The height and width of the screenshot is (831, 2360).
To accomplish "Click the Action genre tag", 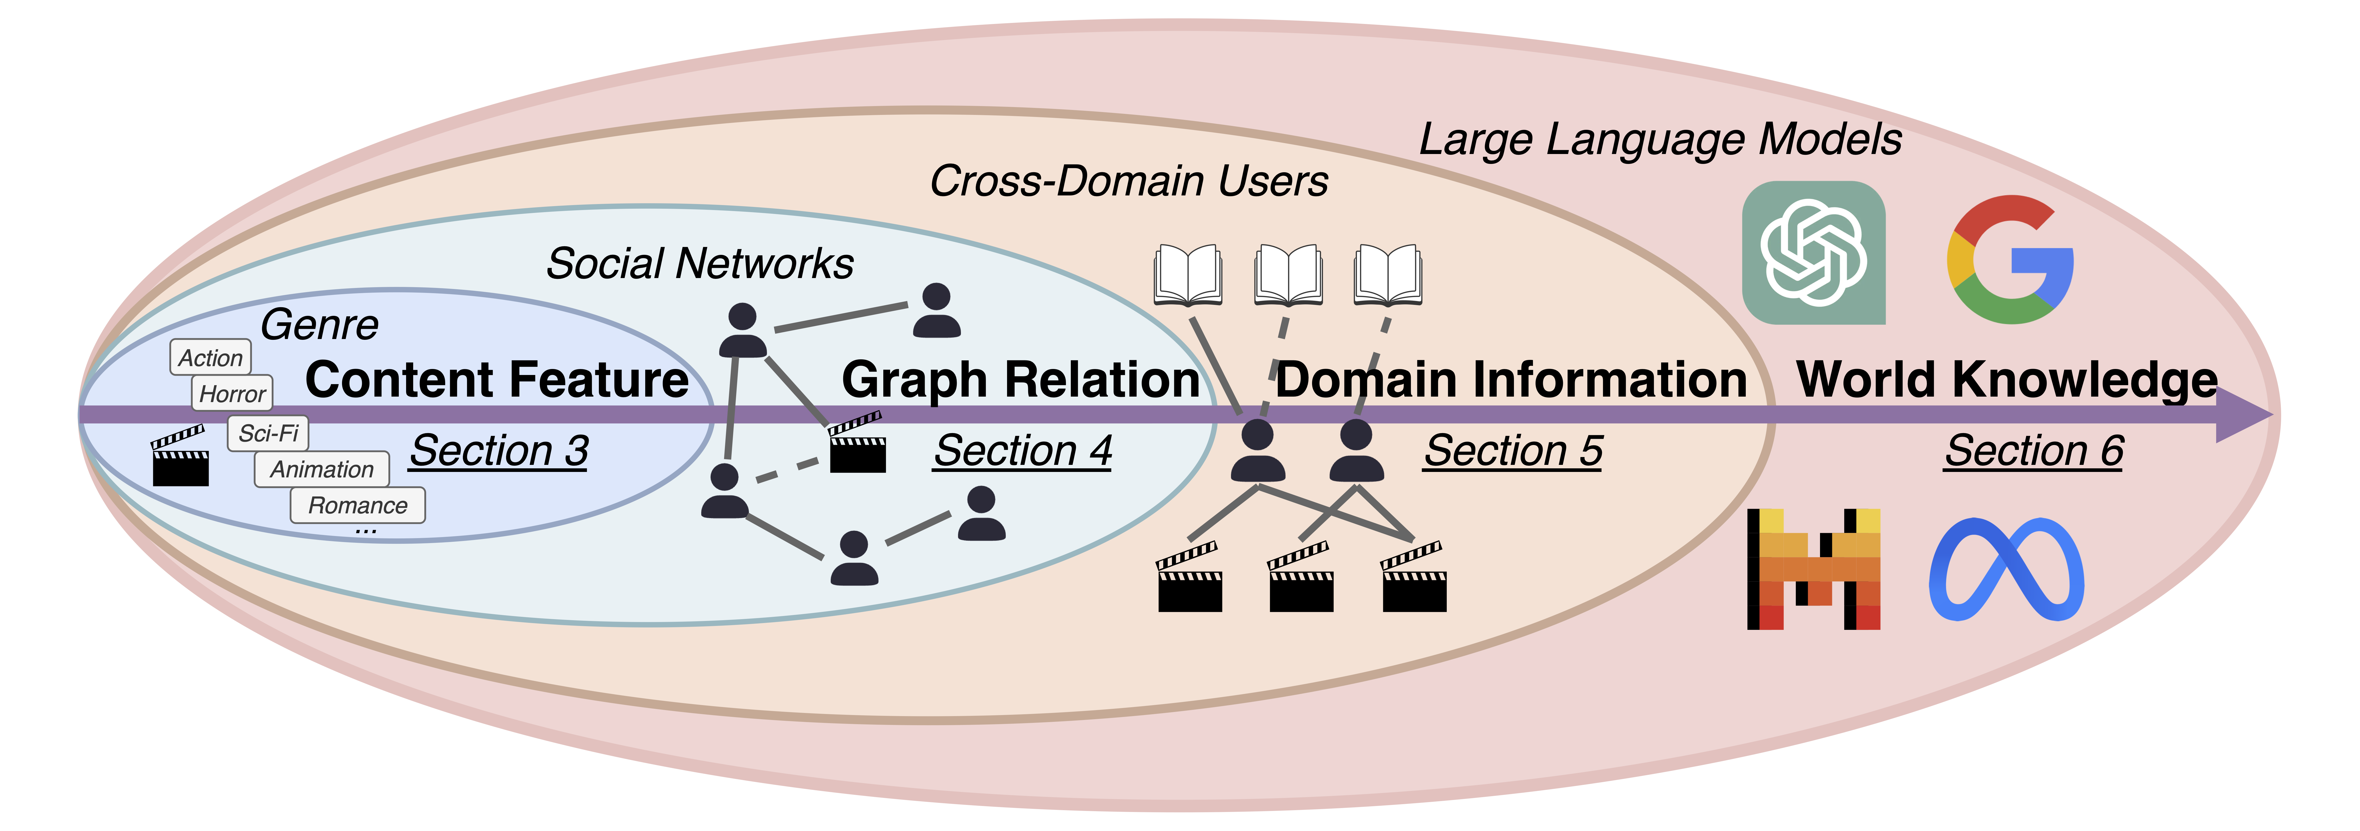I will (211, 357).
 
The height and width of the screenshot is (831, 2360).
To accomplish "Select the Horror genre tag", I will (233, 394).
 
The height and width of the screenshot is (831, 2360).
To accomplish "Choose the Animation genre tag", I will (321, 469).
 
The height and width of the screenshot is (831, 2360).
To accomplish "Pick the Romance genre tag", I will (357, 505).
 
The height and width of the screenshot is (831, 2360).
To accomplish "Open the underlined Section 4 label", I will (1022, 451).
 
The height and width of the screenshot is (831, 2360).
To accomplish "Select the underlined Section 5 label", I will (1513, 451).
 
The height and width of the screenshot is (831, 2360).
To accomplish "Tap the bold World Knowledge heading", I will (2006, 379).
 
